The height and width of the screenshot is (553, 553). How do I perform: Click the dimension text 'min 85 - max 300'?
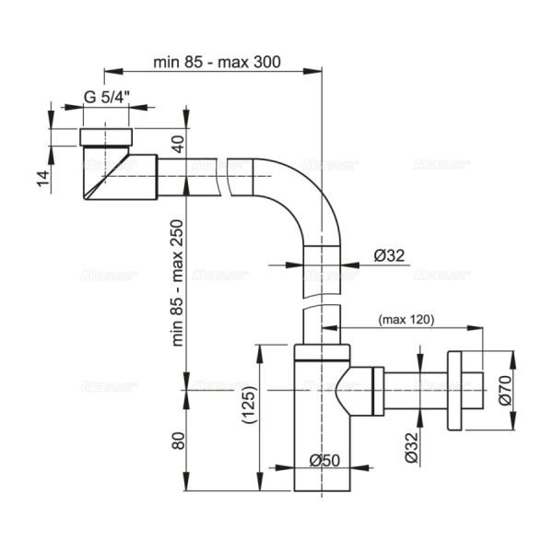(x=218, y=62)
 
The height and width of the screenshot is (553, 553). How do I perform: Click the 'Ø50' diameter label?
(x=322, y=459)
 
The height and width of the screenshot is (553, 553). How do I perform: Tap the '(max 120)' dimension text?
(x=406, y=320)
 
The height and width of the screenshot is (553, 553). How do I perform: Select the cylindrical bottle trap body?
(x=322, y=424)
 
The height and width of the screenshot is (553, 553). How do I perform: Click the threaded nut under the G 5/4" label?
(x=107, y=138)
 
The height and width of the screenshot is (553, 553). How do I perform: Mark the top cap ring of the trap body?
(x=322, y=354)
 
